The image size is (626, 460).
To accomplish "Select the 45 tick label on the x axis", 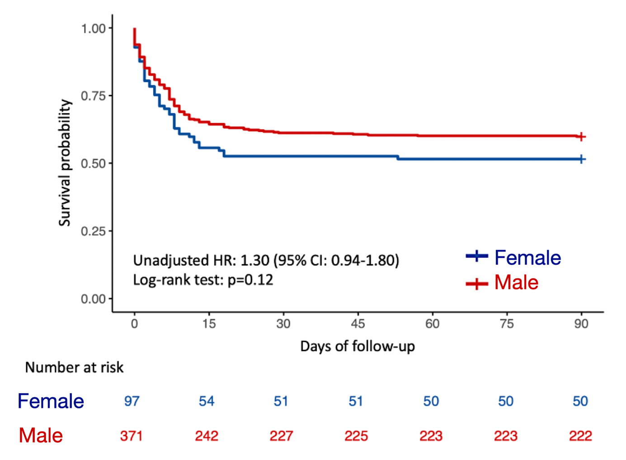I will [x=358, y=324].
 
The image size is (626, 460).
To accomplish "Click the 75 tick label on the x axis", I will [x=507, y=324].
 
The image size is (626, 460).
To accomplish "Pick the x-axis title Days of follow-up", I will [x=357, y=346].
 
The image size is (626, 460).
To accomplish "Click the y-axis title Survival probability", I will [x=65, y=163].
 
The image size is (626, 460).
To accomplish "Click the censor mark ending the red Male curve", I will [x=582, y=137].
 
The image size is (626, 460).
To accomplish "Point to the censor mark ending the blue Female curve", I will [x=582, y=159].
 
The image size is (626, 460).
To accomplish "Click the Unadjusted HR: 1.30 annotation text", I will [x=266, y=261].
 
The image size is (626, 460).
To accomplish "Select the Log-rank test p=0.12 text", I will [x=203, y=280].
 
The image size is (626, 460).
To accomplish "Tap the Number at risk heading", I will [x=74, y=367].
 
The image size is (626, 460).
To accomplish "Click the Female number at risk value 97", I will [x=132, y=401].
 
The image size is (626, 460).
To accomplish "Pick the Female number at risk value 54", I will [x=207, y=401].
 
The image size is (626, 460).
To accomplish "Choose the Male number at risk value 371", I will [x=132, y=436].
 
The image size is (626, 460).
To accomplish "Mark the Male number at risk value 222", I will [x=580, y=436].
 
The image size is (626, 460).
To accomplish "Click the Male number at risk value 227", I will [x=281, y=436].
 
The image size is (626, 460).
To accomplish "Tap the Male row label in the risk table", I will [x=41, y=436].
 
